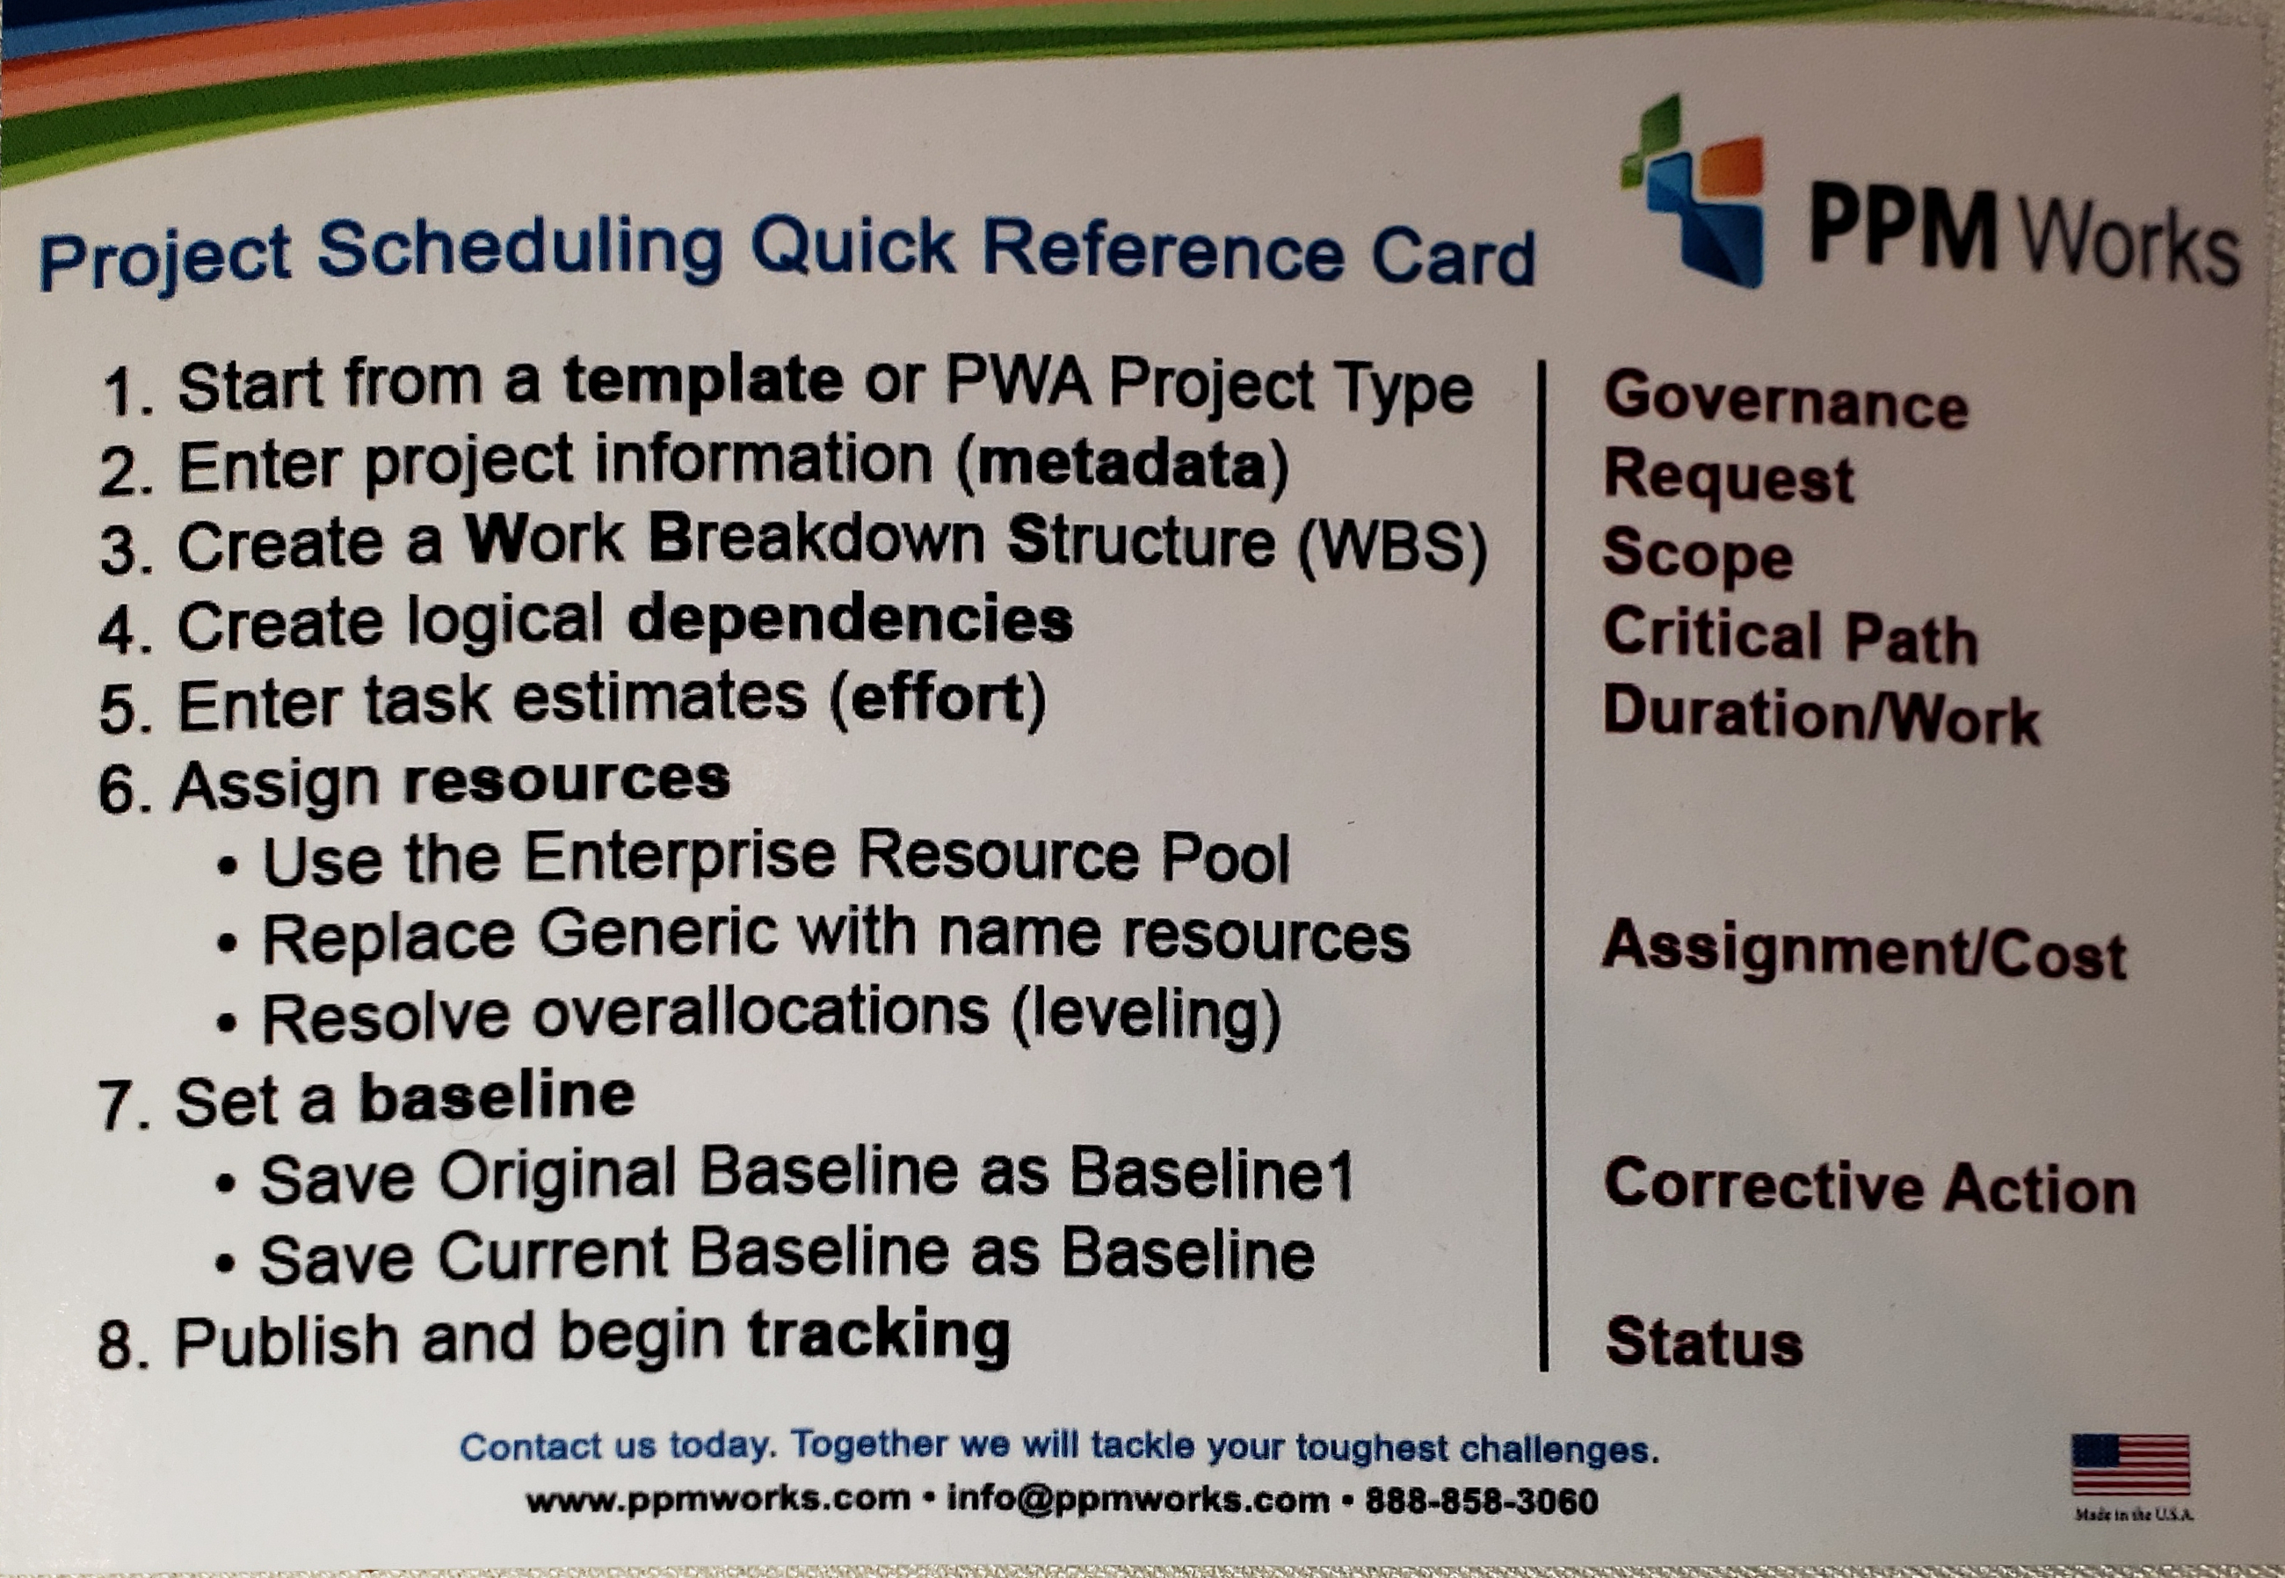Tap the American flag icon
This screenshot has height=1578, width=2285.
click(2130, 1465)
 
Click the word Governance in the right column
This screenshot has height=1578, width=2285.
click(1786, 401)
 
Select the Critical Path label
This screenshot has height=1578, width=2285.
click(1789, 636)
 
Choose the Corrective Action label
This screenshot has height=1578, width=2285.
click(1869, 1185)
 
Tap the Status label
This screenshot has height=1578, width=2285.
click(1703, 1342)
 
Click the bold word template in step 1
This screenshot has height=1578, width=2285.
click(703, 380)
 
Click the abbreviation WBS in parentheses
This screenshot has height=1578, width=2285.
click(1392, 547)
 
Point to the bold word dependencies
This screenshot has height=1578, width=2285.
click(851, 622)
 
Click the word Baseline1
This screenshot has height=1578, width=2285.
click(1211, 1174)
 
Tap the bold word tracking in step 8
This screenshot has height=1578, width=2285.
click(878, 1336)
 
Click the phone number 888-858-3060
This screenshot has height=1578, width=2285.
click(1481, 1501)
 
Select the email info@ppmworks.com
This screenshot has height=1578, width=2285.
click(1138, 1500)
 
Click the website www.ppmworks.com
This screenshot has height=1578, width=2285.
click(718, 1500)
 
